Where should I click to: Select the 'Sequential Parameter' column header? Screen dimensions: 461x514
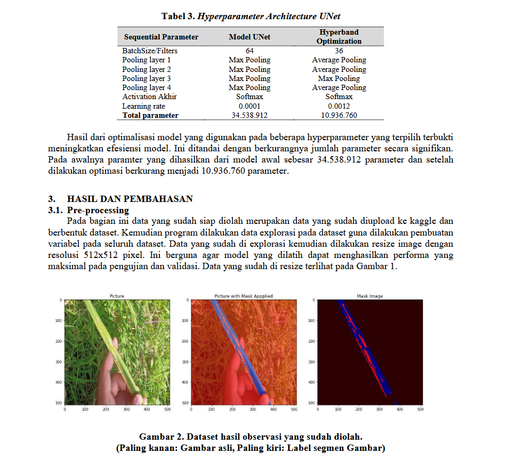click(161, 37)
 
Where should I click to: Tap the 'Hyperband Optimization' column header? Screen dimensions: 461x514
click(339, 37)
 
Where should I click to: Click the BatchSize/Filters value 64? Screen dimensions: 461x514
click(249, 51)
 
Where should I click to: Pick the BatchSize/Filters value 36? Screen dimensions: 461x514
click(339, 51)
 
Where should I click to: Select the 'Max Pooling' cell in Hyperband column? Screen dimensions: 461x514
click(339, 78)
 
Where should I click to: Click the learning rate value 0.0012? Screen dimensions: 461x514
click(339, 106)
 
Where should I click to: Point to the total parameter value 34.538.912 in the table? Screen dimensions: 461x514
click(249, 115)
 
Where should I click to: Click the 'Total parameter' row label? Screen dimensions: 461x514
click(150, 115)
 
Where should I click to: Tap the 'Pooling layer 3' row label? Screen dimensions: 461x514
click(147, 78)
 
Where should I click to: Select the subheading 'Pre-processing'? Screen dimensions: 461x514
click(98, 211)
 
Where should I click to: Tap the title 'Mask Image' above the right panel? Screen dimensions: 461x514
click(370, 296)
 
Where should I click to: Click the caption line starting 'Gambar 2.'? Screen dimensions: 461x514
click(251, 437)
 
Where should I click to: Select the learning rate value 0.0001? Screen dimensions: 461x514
click(249, 106)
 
